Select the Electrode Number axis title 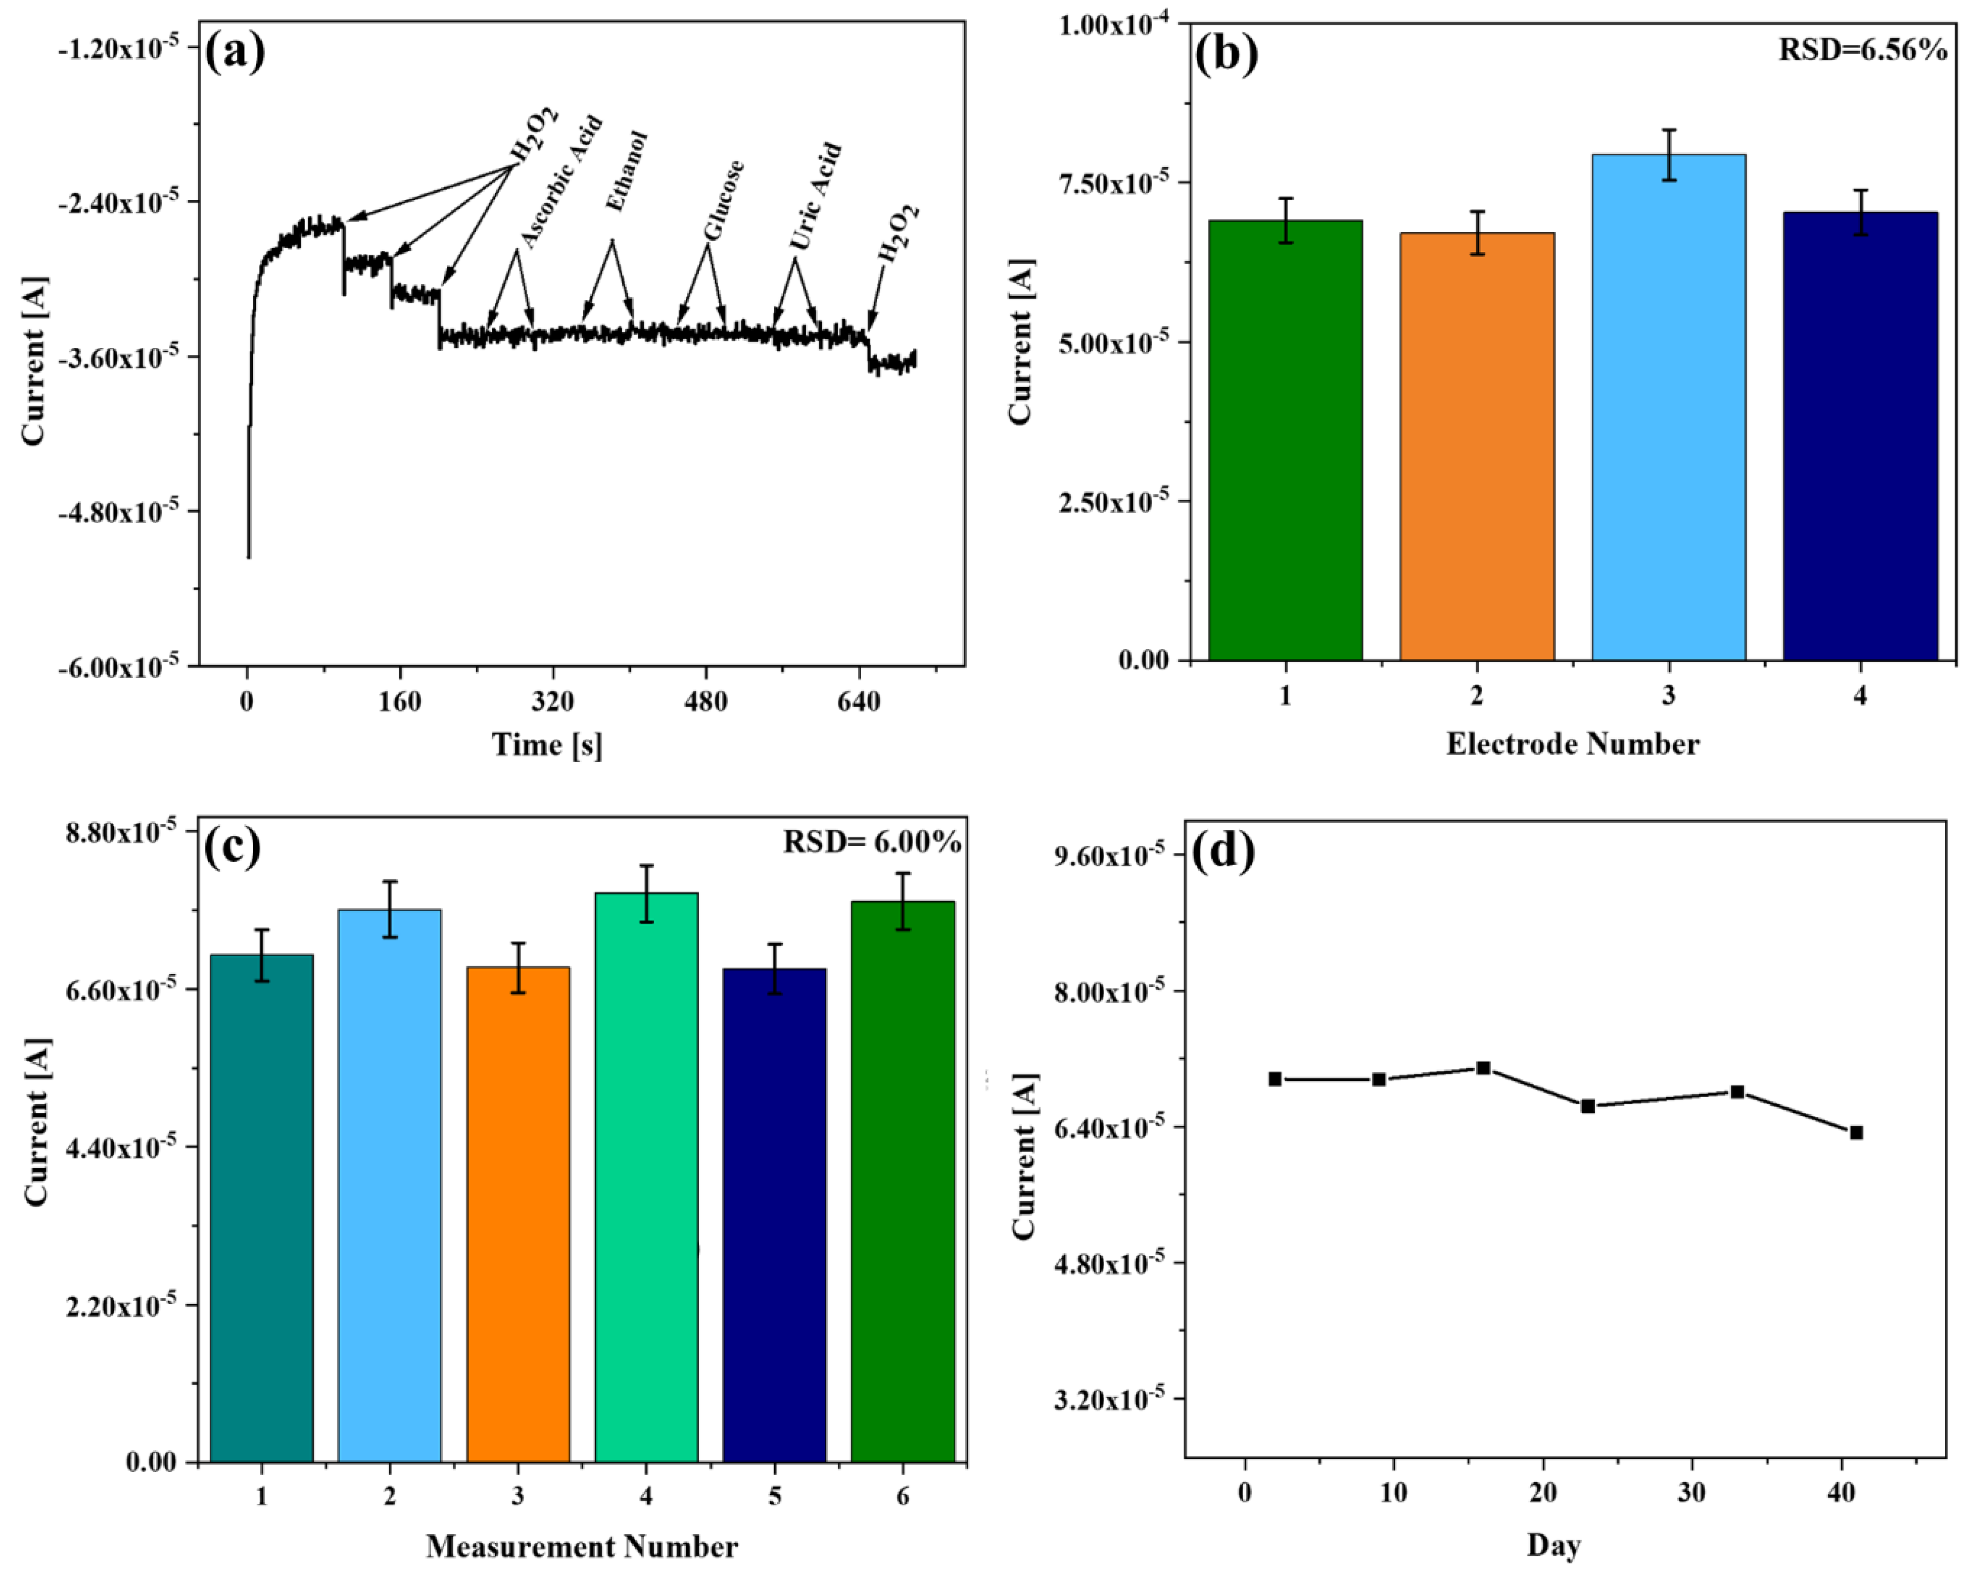(1572, 744)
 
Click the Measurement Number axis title (582, 1547)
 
